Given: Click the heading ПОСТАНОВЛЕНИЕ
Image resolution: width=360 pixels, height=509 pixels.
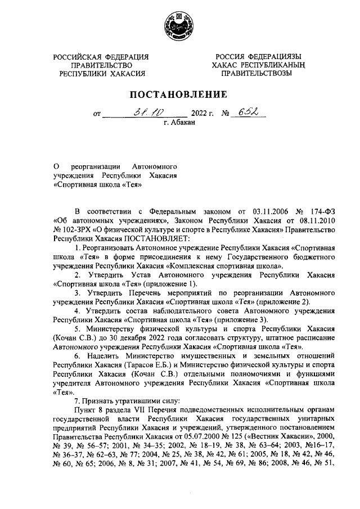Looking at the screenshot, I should (x=179, y=93).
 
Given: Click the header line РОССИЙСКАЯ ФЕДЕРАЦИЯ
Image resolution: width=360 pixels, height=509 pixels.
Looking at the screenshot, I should (x=101, y=57).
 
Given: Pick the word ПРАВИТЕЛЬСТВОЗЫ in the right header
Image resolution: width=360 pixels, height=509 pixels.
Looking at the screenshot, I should (x=256, y=73).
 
